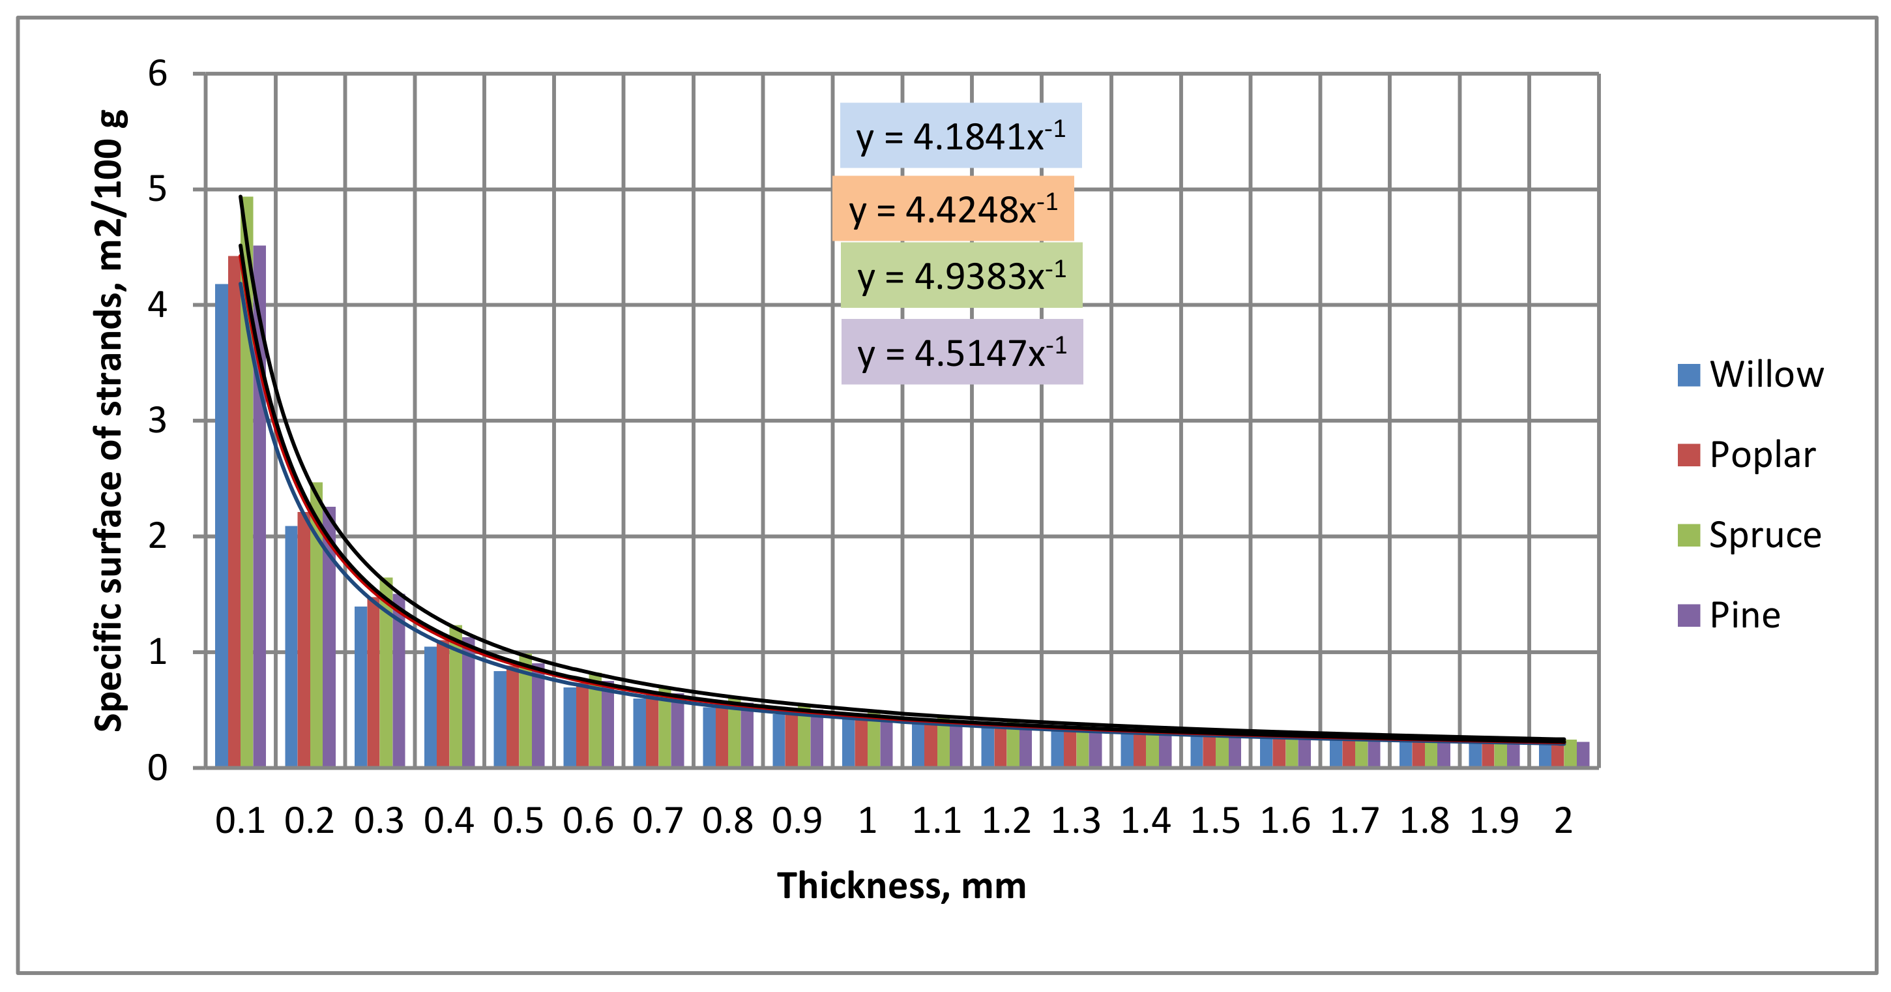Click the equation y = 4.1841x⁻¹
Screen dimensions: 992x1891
[960, 136]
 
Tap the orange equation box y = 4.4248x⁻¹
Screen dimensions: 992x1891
[953, 209]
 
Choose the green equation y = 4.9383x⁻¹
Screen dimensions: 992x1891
[961, 275]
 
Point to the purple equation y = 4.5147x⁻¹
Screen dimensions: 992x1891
[961, 352]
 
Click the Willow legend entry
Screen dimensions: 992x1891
[1751, 374]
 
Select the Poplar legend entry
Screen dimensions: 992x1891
[1747, 455]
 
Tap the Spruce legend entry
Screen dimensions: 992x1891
[1750, 535]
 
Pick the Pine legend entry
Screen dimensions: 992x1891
[1729, 614]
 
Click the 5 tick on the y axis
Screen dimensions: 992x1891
[158, 189]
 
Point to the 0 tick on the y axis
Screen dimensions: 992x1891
[158, 768]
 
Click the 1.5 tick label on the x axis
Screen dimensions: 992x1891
[1215, 820]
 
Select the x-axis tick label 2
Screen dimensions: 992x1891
[1564, 820]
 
